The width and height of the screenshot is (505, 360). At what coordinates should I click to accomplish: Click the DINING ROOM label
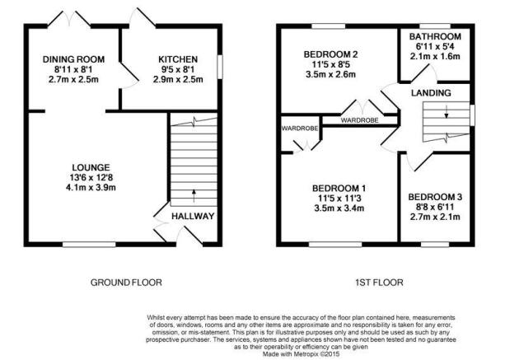(74, 59)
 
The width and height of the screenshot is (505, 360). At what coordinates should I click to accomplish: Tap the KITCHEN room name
(178, 59)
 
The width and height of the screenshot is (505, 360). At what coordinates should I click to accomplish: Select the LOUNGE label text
(91, 167)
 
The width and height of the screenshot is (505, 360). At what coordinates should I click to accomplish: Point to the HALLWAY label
(193, 216)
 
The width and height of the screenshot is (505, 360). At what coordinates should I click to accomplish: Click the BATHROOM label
(435, 37)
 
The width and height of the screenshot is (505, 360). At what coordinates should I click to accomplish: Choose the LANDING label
(431, 93)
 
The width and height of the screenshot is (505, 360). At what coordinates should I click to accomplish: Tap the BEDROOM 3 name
(435, 197)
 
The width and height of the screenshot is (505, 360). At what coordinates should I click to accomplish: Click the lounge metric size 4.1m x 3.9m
(91, 187)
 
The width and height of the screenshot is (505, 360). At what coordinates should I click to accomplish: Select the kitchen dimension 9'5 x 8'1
(178, 69)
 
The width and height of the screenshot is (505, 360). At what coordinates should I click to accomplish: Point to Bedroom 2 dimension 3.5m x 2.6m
(330, 75)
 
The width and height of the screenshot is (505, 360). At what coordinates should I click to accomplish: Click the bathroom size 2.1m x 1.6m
(435, 56)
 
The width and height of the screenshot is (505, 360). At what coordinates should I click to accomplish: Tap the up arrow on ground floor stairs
(194, 196)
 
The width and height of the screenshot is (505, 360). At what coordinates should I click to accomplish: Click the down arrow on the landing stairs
(447, 112)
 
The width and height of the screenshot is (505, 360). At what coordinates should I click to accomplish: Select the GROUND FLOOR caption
(126, 283)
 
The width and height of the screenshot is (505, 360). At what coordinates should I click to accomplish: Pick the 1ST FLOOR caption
(379, 283)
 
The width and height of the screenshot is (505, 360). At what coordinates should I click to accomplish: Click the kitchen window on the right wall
(220, 67)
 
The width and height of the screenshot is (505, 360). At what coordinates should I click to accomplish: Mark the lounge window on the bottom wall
(89, 245)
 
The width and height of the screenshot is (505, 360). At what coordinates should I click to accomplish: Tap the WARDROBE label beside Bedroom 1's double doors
(300, 129)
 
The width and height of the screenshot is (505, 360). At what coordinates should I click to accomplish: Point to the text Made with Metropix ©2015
(302, 354)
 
